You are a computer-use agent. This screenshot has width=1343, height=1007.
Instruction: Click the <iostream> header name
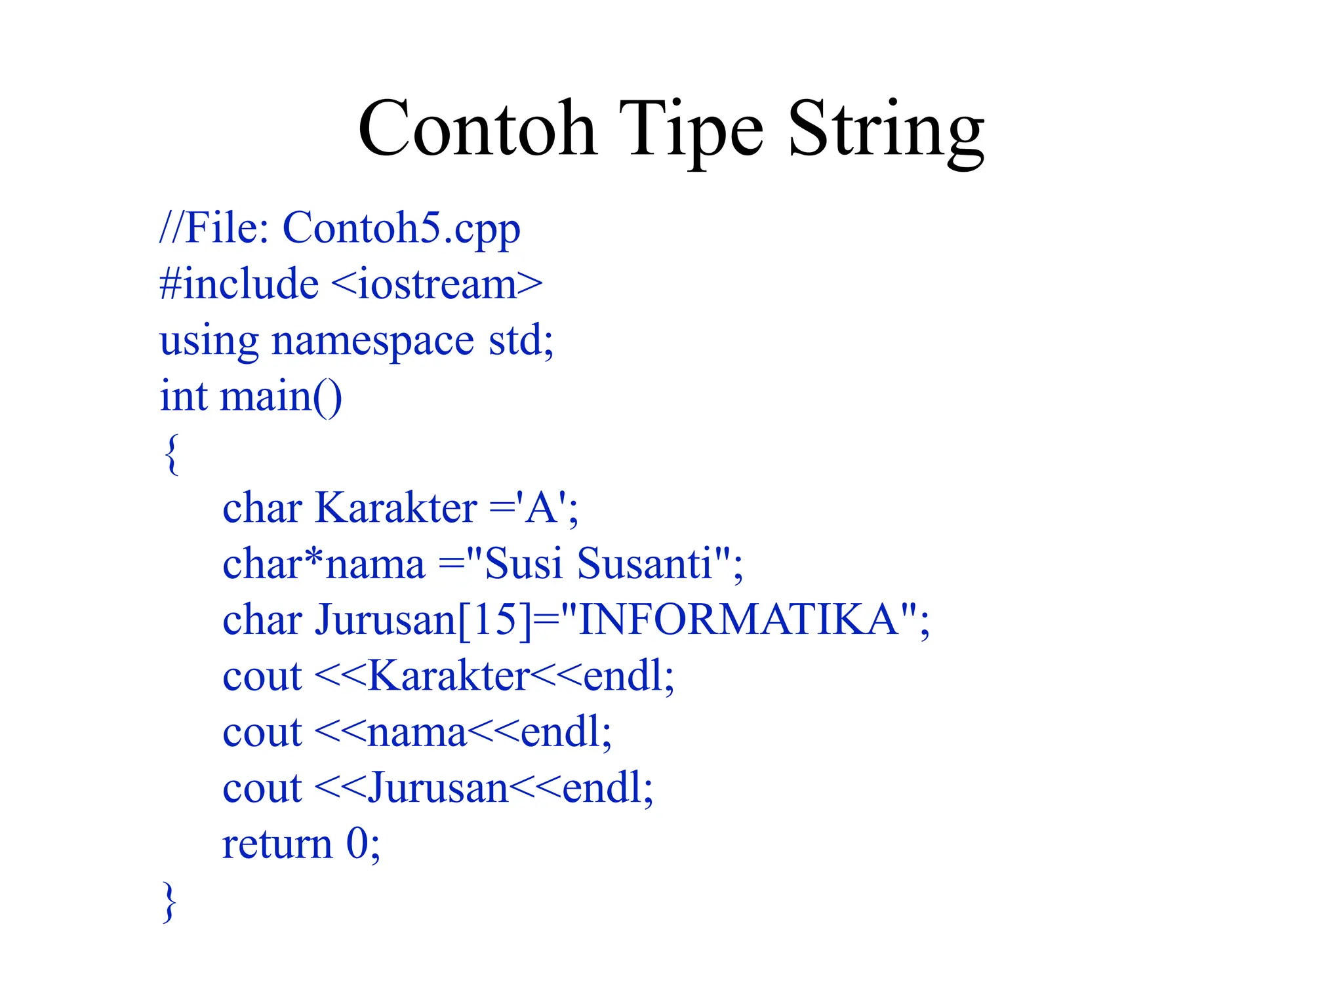[x=437, y=285]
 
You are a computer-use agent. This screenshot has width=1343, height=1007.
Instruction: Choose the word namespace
[x=372, y=341]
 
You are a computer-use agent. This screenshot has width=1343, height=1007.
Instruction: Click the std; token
[x=521, y=341]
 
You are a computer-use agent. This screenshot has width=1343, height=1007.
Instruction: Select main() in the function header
[x=281, y=397]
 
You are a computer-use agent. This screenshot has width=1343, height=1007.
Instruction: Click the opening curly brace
[x=171, y=454]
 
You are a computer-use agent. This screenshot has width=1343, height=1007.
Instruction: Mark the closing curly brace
[x=169, y=902]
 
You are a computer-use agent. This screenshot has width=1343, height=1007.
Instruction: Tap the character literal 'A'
[x=541, y=509]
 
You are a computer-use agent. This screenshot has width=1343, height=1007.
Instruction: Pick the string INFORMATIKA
[x=739, y=620]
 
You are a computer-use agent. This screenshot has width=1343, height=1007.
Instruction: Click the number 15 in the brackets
[x=494, y=620]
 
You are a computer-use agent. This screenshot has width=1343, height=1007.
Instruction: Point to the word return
[x=277, y=844]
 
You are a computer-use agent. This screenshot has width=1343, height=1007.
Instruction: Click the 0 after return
[x=357, y=844]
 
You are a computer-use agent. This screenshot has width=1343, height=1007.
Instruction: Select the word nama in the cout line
[x=416, y=733]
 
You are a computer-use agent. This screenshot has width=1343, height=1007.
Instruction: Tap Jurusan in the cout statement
[x=437, y=789]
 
